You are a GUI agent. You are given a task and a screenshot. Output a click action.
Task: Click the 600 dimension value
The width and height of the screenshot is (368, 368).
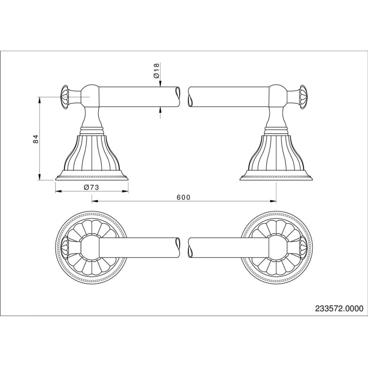pyautogui.click(x=184, y=197)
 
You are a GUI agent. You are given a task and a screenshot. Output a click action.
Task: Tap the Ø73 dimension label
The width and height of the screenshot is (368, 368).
pyautogui.click(x=92, y=188)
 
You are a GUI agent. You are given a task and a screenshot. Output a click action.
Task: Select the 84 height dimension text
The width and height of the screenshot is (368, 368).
pyautogui.click(x=36, y=139)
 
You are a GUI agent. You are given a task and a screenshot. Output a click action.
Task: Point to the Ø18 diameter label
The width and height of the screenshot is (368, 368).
pyautogui.click(x=156, y=70)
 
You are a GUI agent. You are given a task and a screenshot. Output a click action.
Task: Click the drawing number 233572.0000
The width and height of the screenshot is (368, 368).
pyautogui.click(x=339, y=308)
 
